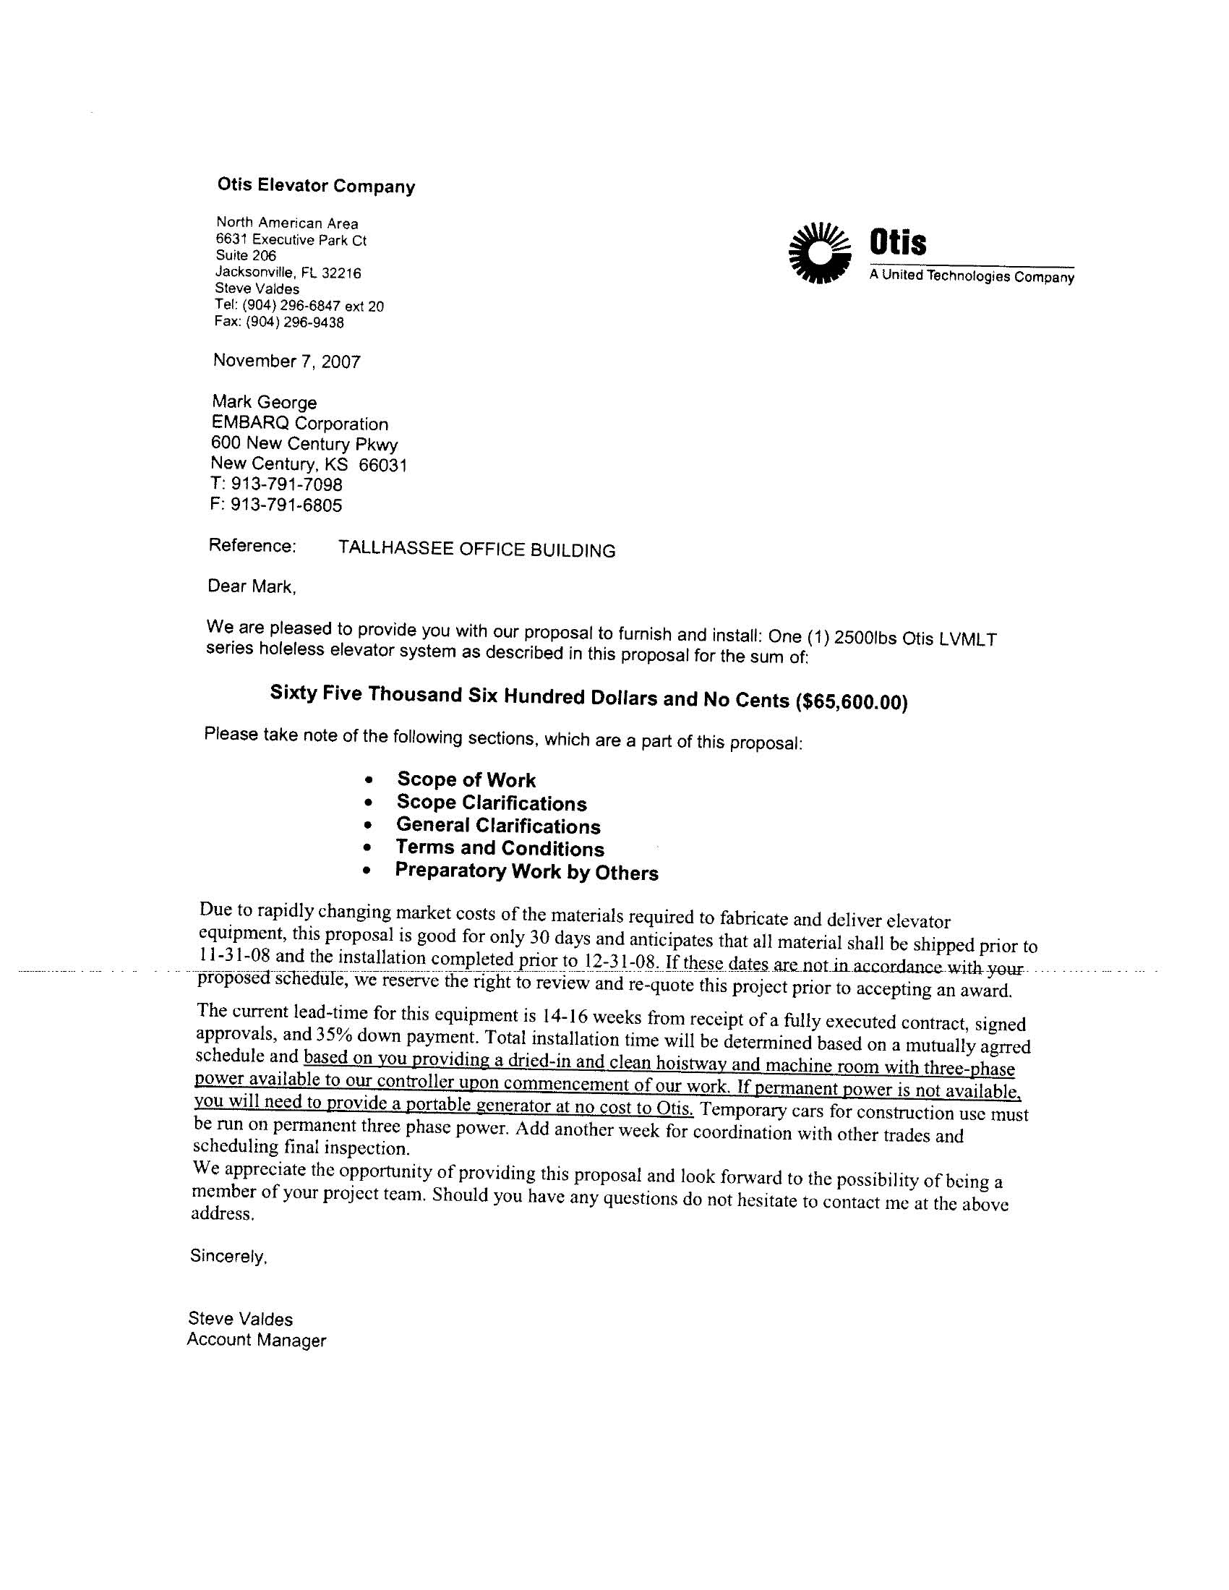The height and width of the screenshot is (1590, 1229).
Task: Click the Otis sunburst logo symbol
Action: click(x=819, y=252)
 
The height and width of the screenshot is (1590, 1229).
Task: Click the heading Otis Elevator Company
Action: click(x=316, y=186)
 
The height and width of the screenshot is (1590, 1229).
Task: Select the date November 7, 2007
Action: click(x=287, y=361)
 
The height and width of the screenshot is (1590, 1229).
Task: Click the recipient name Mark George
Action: click(x=265, y=402)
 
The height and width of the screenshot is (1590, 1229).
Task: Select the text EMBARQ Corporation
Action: click(x=299, y=423)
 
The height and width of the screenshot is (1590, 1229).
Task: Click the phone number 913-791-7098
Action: click(x=286, y=484)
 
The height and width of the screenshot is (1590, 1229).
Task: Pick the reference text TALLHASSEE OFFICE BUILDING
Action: click(x=477, y=550)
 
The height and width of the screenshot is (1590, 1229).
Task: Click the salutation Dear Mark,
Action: click(x=252, y=586)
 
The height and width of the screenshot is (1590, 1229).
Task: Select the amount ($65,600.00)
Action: click(x=852, y=703)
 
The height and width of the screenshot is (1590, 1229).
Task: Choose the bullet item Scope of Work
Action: click(x=466, y=779)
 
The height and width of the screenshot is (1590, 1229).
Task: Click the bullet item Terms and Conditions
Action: click(x=500, y=848)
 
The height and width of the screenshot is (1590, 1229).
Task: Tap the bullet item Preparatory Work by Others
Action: click(x=526, y=871)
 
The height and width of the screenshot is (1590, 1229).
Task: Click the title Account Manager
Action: click(x=257, y=1340)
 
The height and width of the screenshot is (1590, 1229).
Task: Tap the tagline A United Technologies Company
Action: click(x=971, y=276)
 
